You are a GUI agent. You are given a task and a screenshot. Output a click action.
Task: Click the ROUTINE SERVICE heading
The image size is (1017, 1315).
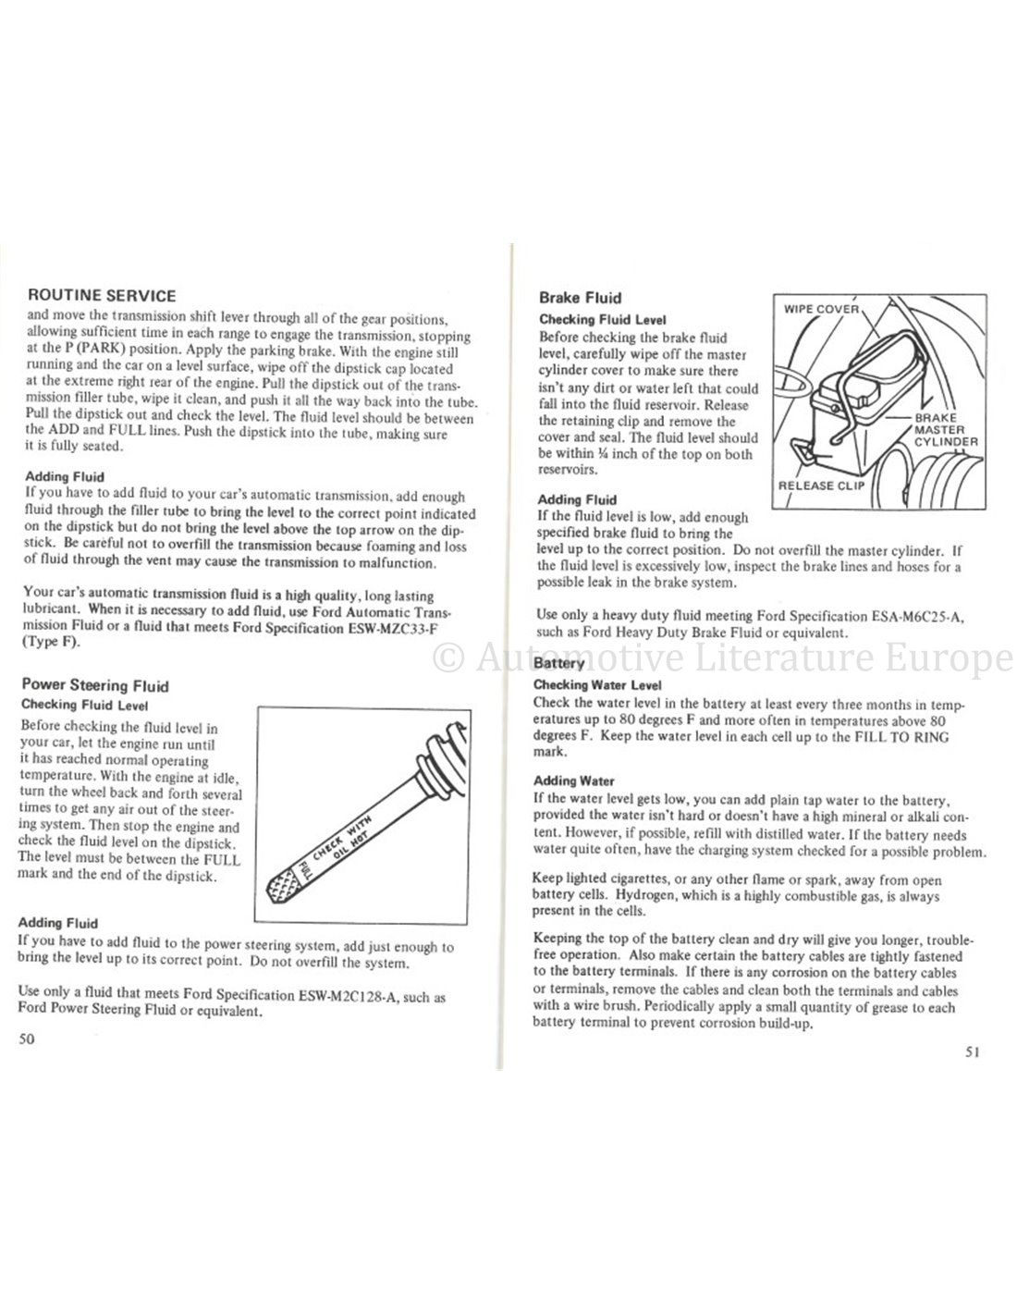pos(103,297)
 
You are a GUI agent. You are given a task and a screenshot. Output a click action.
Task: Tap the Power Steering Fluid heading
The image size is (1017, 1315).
pos(94,686)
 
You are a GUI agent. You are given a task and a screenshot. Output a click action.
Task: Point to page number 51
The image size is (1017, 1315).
pos(971,1051)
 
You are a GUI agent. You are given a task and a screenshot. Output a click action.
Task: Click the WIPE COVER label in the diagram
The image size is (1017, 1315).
pos(821,309)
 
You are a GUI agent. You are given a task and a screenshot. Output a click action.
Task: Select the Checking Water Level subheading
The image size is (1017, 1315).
pos(598,685)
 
